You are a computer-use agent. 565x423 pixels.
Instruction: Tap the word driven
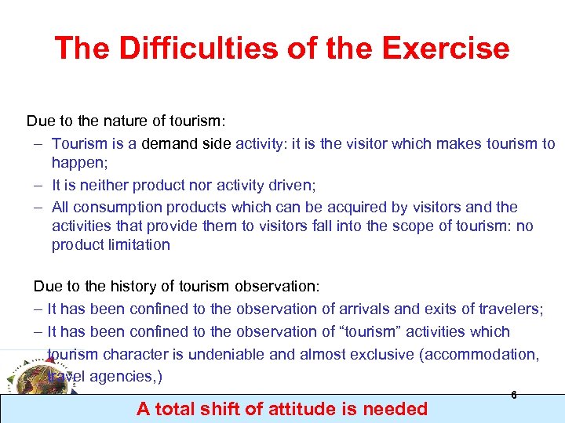(271, 185)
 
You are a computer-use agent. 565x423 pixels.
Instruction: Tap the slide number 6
(514, 396)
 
